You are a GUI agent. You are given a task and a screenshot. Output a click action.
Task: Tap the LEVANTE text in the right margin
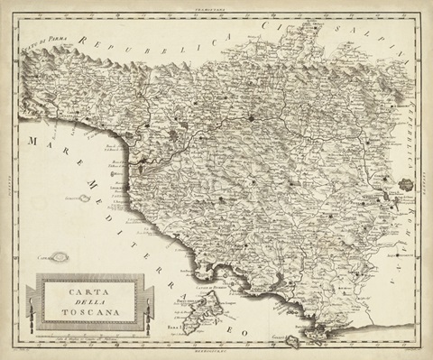[x=423, y=180]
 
